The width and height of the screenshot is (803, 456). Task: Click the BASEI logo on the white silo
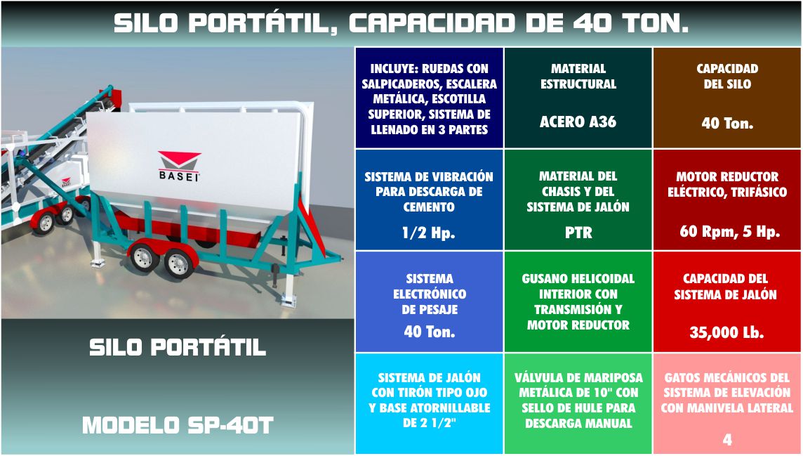click(x=179, y=166)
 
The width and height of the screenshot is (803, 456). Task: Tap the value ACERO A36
click(x=578, y=122)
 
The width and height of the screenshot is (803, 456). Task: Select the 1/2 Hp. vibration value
click(x=429, y=233)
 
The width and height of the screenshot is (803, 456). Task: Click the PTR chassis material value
click(x=578, y=233)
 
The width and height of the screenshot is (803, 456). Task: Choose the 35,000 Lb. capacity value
click(x=726, y=333)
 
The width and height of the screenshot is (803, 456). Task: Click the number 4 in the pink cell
click(x=727, y=440)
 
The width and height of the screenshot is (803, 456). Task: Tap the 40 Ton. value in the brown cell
click(x=727, y=124)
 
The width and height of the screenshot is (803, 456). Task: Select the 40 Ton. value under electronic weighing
click(x=429, y=332)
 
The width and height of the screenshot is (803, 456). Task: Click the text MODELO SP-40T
click(x=178, y=426)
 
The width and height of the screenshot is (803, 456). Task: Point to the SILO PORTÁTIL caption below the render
click(x=178, y=347)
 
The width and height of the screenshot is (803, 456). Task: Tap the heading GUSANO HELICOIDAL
click(x=578, y=279)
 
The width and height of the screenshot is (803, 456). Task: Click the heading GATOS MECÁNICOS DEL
click(x=727, y=378)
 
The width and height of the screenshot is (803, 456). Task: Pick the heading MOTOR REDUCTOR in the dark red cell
click(x=727, y=177)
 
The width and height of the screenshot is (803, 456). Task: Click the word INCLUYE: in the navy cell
click(x=393, y=69)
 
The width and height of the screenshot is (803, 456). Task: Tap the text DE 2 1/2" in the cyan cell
click(x=429, y=423)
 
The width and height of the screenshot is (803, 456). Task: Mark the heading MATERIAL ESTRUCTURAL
click(x=578, y=77)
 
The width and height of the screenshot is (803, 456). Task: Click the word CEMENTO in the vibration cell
click(x=429, y=207)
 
